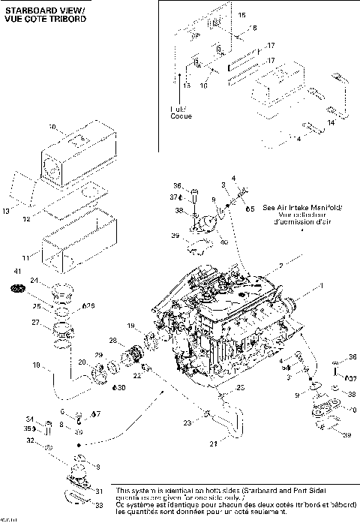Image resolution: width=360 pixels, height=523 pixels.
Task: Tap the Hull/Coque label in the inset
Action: click(x=181, y=113)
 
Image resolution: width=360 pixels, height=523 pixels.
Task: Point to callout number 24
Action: click(x=34, y=281)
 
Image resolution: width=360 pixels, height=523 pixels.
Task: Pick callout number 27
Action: click(x=34, y=323)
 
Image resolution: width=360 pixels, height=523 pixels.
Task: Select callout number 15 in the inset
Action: click(x=241, y=15)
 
